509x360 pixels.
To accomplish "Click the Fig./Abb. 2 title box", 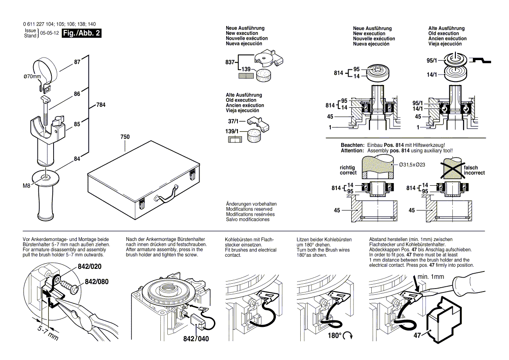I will pyautogui.click(x=81, y=34).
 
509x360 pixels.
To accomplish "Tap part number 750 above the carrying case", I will pyautogui.click(x=125, y=137).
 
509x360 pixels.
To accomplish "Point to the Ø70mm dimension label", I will pyautogui.click(x=32, y=78).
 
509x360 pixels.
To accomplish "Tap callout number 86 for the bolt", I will pyautogui.click(x=77, y=94).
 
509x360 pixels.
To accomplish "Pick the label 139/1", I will pyautogui.click(x=233, y=131).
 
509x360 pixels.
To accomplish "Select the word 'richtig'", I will pyautogui.click(x=347, y=168).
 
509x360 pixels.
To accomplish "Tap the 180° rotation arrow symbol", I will pyautogui.click(x=348, y=336).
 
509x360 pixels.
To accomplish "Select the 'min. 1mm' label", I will pyautogui.click(x=431, y=277).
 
